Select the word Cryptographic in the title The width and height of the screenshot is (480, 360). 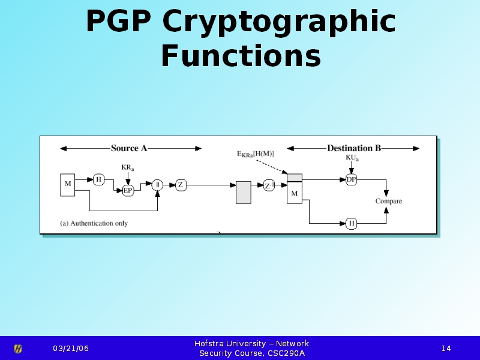(278, 23)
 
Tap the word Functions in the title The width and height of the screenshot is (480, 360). (241, 56)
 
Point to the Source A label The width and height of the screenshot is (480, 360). (129, 148)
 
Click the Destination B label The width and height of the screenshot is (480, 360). (353, 148)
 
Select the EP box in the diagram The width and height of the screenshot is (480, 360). (128, 190)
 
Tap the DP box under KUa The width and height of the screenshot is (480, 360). (352, 179)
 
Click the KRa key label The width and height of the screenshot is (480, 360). (128, 167)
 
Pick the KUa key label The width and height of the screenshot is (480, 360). (352, 158)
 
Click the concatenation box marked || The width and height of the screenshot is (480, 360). (158, 185)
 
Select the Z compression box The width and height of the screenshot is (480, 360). (181, 185)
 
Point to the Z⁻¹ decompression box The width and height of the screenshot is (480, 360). (269, 185)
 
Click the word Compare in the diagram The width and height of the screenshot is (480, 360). (388, 201)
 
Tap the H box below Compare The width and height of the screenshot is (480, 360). (352, 223)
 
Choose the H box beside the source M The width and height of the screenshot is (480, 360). (99, 179)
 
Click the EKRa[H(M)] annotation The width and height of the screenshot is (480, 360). (256, 154)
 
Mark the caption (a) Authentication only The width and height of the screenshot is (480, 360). (94, 223)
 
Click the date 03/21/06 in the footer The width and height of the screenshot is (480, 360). (70, 349)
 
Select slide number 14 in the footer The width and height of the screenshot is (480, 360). (446, 349)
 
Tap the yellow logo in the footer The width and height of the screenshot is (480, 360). (18, 349)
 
